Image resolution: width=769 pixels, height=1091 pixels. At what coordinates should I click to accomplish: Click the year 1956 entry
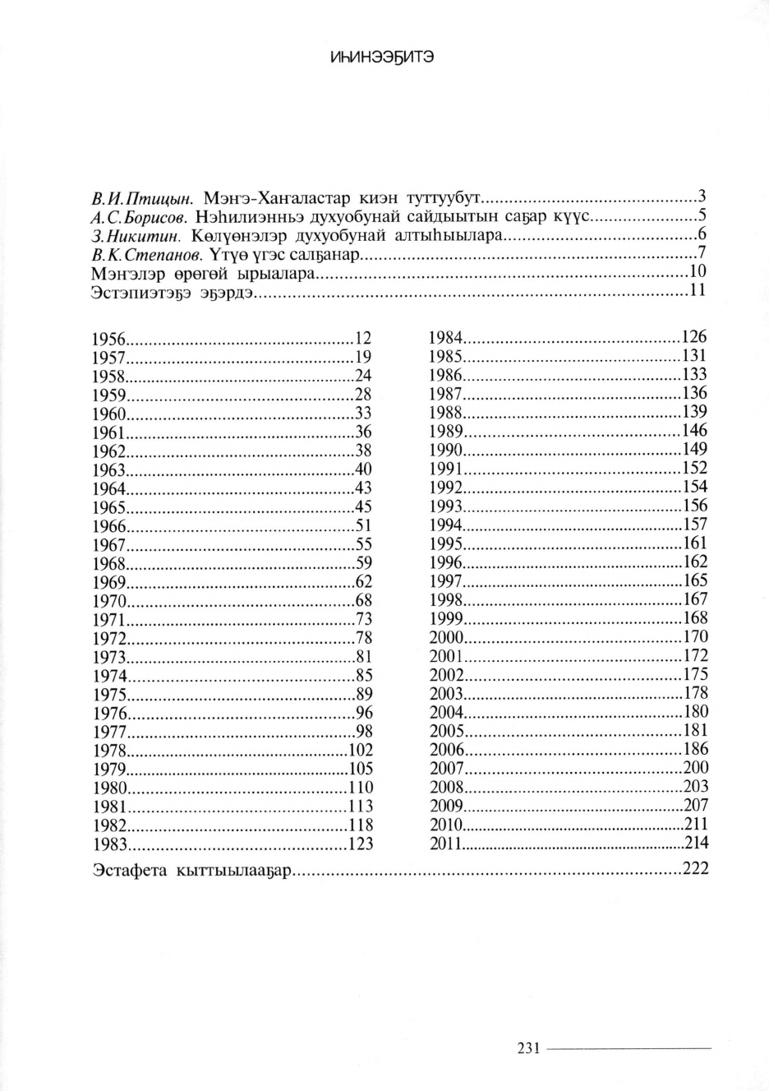108,339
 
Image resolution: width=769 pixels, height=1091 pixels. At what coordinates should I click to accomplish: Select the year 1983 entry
108,844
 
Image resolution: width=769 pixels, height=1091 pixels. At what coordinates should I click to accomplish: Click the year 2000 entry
446,638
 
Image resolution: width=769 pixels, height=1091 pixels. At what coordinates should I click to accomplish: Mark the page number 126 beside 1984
694,336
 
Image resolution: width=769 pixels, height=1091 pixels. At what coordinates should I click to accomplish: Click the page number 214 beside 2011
696,842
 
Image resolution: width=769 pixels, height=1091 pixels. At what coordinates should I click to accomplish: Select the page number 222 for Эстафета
695,869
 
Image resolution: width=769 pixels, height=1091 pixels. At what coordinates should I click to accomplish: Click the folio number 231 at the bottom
527,1048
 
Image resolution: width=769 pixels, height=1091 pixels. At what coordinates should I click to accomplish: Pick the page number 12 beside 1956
363,337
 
